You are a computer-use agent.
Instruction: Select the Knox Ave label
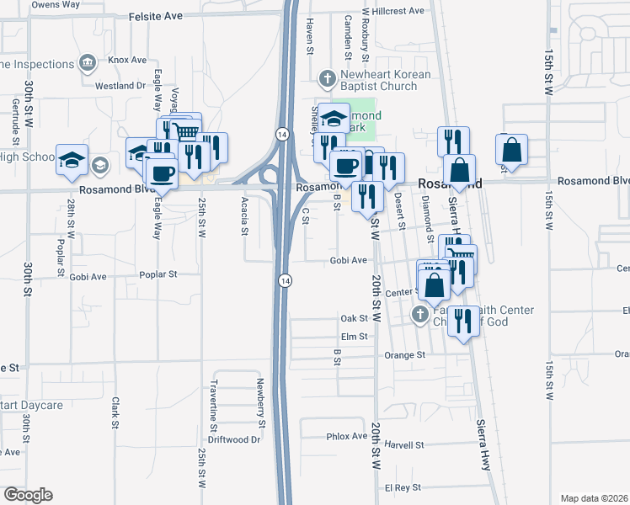[127, 61]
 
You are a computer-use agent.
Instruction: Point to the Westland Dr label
[120, 86]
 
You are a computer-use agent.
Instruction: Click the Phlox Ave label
[346, 437]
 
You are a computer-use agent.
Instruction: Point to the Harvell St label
[403, 444]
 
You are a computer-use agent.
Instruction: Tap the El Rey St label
[402, 488]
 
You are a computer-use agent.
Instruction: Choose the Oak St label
[354, 318]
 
